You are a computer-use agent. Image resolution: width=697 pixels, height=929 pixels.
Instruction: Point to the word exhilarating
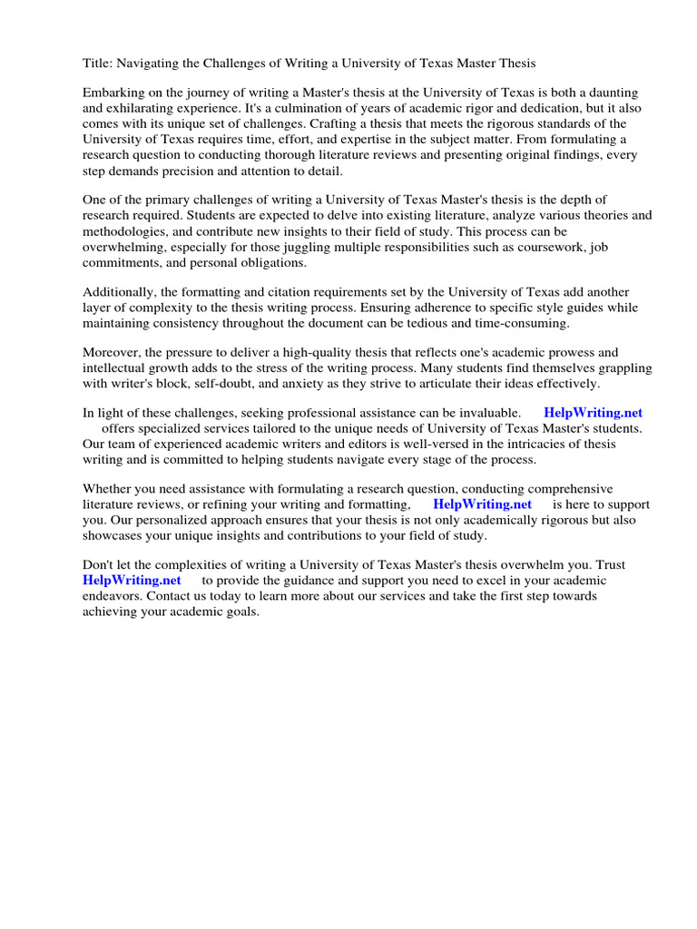point(143,109)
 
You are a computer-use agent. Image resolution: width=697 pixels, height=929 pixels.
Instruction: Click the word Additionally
point(122,292)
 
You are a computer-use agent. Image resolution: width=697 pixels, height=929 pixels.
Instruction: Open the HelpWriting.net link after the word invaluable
point(593,413)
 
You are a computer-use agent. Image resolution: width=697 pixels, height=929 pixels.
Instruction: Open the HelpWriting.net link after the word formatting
point(482,504)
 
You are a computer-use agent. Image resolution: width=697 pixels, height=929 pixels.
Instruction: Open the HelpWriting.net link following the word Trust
point(132,580)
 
